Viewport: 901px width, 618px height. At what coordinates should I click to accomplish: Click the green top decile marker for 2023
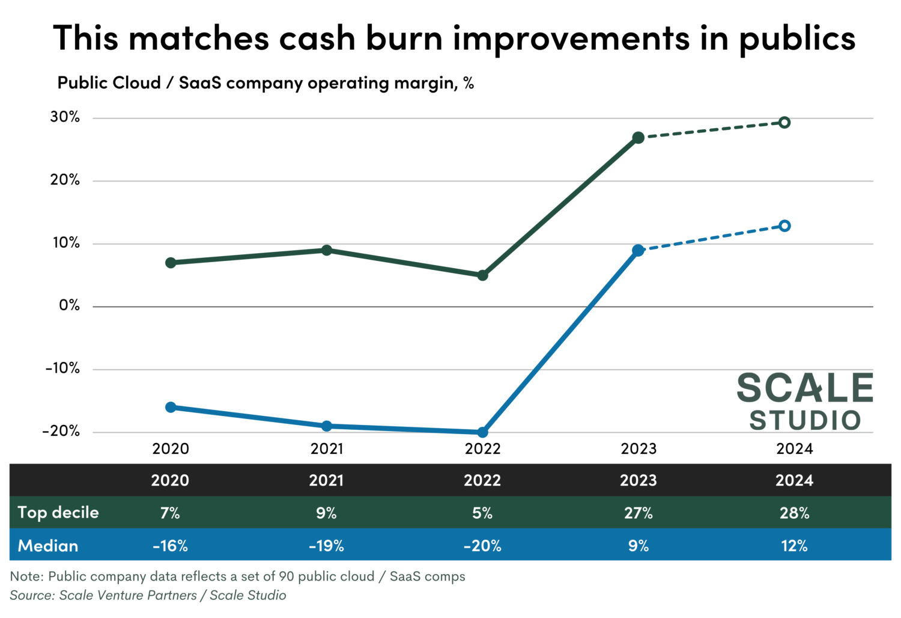[x=638, y=138]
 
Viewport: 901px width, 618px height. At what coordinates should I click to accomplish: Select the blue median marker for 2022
[x=482, y=432]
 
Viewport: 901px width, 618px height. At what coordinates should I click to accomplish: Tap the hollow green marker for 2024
[x=784, y=123]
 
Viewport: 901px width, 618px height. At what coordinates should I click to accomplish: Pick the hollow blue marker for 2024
[x=784, y=226]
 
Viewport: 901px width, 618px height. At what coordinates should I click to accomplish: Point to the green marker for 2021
[x=327, y=250]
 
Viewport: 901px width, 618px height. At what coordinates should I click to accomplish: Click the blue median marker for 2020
[x=171, y=407]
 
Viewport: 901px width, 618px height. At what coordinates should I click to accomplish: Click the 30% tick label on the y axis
[x=65, y=117]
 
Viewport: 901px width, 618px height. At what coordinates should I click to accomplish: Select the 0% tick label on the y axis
[x=69, y=305]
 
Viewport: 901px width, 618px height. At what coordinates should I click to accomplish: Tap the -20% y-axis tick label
[x=61, y=431]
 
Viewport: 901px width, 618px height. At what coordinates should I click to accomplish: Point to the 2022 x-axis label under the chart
[x=482, y=449]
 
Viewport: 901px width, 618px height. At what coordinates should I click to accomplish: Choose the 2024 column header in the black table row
[x=794, y=480]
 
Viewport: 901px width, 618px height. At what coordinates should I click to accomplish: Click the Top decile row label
[x=58, y=513]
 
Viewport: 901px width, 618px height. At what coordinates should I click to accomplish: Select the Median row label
[x=48, y=546]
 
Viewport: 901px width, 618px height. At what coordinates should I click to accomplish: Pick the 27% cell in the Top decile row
[x=638, y=513]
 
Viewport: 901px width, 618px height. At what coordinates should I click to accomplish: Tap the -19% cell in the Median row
[x=326, y=546]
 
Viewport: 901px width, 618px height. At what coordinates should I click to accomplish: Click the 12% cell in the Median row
[x=794, y=546]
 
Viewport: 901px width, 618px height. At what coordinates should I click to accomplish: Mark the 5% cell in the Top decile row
[x=482, y=513]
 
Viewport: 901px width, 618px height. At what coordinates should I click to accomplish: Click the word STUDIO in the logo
[x=805, y=420]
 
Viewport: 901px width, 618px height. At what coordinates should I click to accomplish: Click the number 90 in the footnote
[x=287, y=577]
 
